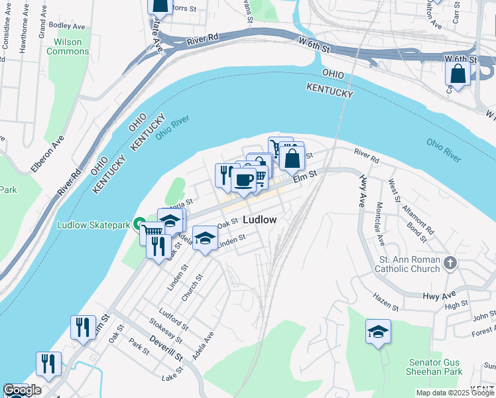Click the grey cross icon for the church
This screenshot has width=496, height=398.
(450, 263)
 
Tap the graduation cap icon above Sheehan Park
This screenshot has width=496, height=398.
(378, 332)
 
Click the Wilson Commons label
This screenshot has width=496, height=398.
(67, 46)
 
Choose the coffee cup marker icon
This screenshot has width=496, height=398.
(244, 180)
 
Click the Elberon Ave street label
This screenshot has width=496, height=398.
(47, 154)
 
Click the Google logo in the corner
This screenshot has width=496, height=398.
(22, 390)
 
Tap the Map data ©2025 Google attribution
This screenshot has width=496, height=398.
(455, 393)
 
